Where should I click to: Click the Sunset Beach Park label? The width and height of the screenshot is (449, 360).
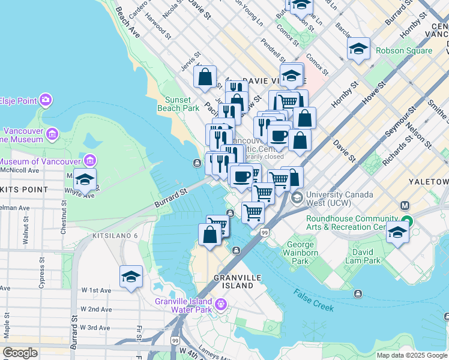178,104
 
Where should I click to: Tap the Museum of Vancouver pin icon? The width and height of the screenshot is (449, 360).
90,160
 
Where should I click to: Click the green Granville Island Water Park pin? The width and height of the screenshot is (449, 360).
221,305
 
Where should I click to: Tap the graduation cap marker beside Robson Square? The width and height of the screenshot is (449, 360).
358,49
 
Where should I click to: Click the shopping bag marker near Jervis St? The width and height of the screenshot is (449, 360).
205,77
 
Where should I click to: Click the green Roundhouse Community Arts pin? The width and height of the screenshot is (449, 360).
408,220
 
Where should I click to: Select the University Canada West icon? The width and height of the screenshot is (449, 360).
296,197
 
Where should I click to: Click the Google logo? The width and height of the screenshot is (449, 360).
20,352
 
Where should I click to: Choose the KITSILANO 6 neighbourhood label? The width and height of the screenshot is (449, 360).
115,236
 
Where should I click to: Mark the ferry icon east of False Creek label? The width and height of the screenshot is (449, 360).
358,293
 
